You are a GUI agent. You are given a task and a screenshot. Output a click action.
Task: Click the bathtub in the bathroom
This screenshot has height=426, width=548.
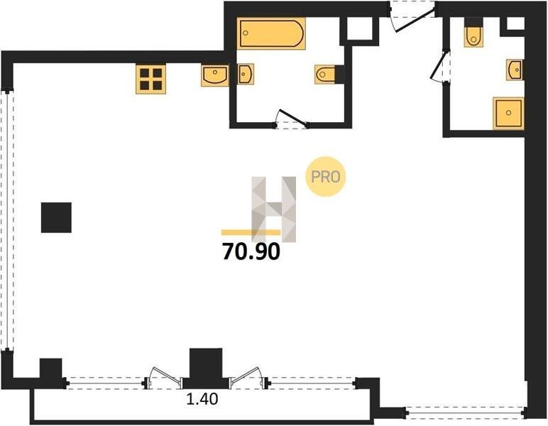pos(271,33)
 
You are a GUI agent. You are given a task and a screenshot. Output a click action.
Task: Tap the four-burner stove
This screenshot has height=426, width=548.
pos(150,79)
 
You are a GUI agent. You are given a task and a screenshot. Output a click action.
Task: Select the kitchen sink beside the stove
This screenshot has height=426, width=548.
pos(214,75)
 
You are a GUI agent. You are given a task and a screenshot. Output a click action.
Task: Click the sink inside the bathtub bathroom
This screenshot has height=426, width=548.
pos(246,74)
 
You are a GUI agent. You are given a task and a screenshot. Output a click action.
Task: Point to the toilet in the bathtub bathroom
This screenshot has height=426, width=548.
pos(326,74)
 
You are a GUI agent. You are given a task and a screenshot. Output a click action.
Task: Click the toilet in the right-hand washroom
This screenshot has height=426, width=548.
pos(473,35)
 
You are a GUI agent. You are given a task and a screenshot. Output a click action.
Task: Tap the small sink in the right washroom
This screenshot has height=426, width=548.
pos(515,70)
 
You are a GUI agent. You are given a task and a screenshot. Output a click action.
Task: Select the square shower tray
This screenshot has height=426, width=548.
pos(508,113)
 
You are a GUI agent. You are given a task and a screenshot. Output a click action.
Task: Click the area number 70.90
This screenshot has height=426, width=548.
pos(251,251)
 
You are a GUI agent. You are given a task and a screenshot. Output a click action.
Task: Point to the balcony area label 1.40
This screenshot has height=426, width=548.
pos(202,399)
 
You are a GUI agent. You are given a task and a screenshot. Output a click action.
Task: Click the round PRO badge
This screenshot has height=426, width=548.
pos(326,177)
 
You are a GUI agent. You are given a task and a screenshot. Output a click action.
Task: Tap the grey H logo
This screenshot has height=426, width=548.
pos(274,209)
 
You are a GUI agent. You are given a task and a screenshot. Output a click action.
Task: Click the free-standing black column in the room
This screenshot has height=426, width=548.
pos(56,217)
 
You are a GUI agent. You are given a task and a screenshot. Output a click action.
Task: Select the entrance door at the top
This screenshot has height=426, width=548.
pos(412,16)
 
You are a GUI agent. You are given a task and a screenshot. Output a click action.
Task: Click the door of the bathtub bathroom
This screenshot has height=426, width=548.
pos(291,119)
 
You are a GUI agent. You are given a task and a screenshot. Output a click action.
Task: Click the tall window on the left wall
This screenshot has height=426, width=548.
pos(7,220)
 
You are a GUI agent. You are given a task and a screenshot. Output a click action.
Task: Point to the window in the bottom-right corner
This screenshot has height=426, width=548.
pos(465,413)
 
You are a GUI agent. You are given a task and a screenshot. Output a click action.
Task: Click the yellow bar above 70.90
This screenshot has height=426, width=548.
pos(251,232)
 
